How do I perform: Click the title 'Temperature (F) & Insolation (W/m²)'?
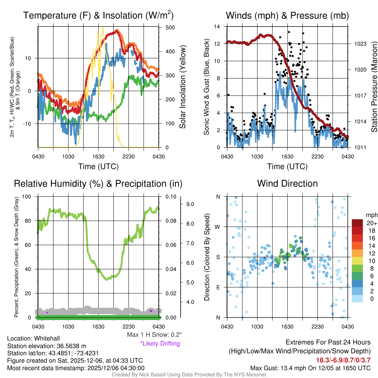click(x=98, y=16)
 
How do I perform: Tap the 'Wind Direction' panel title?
click(x=287, y=183)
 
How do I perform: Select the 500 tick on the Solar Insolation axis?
click(x=170, y=28)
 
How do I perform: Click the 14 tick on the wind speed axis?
click(x=217, y=27)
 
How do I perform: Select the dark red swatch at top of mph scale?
click(x=357, y=223)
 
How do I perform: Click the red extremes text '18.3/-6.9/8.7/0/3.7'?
click(x=343, y=360)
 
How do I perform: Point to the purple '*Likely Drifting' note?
click(x=160, y=343)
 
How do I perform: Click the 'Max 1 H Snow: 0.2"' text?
click(x=154, y=335)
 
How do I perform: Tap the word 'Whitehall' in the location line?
click(x=46, y=338)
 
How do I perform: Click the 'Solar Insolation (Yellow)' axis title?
click(x=182, y=87)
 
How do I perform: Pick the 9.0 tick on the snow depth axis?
click(x=190, y=204)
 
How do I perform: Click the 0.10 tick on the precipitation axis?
click(x=170, y=197)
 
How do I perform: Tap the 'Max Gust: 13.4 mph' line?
click(x=310, y=368)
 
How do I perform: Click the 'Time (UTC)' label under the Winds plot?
click(x=287, y=166)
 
